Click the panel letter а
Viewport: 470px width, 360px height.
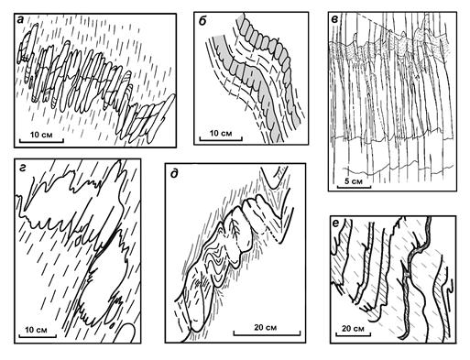point(21,20)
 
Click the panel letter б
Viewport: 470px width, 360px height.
point(202,20)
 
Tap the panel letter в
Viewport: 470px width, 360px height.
point(335,20)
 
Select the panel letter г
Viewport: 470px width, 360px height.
point(21,168)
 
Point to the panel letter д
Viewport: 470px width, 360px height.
point(174,174)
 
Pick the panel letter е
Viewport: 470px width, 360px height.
point(336,224)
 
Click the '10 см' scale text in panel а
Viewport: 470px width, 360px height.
point(41,135)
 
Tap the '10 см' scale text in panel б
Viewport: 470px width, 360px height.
point(221,134)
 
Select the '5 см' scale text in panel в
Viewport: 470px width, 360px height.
point(354,181)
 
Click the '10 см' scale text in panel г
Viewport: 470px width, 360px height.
point(36,330)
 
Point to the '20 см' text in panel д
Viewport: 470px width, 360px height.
point(266,327)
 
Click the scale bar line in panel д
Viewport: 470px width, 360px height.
point(267,334)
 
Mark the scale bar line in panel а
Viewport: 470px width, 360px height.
point(41,141)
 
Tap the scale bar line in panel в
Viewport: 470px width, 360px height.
point(354,186)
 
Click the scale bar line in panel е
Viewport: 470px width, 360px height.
point(354,335)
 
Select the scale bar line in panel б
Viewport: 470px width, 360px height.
point(221,140)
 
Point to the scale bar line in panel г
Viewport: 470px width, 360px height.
point(38,336)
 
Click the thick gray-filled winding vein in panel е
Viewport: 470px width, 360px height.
point(415,275)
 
